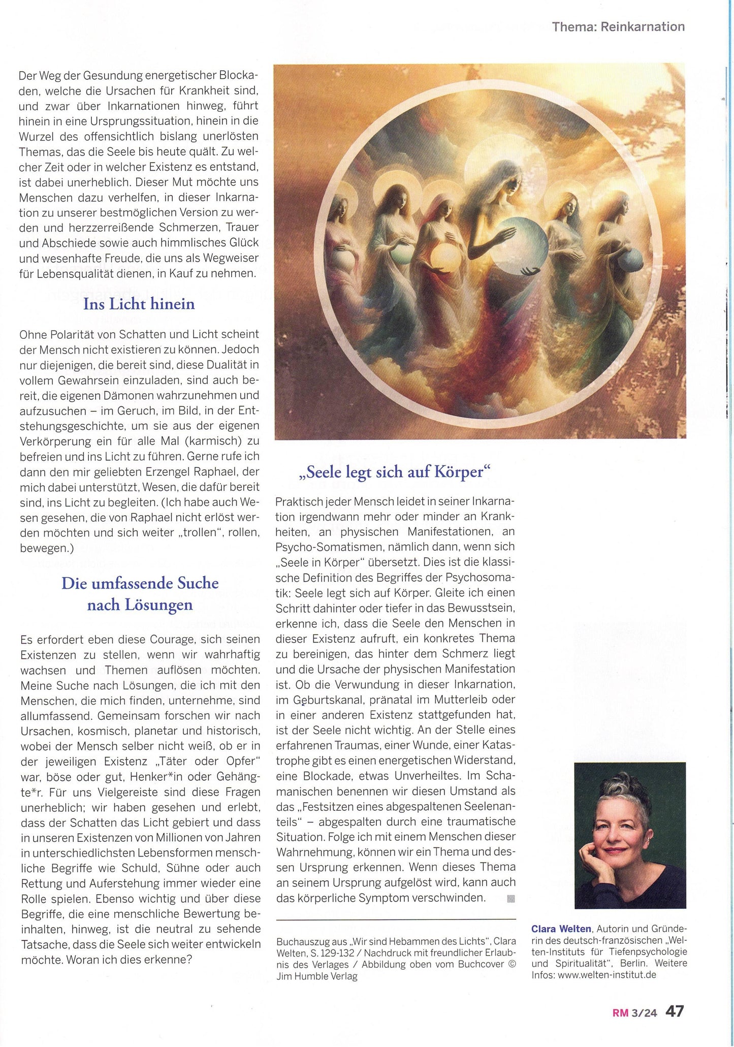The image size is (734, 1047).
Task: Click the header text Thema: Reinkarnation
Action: pyautogui.click(x=618, y=26)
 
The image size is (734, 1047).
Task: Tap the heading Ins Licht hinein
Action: pyautogui.click(x=139, y=304)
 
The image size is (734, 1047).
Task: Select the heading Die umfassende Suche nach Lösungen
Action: pyautogui.click(x=140, y=593)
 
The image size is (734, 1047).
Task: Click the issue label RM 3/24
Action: pyautogui.click(x=634, y=1012)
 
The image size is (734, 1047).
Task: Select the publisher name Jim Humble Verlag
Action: pyautogui.click(x=317, y=976)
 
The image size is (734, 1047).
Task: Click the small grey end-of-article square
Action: pyautogui.click(x=510, y=899)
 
